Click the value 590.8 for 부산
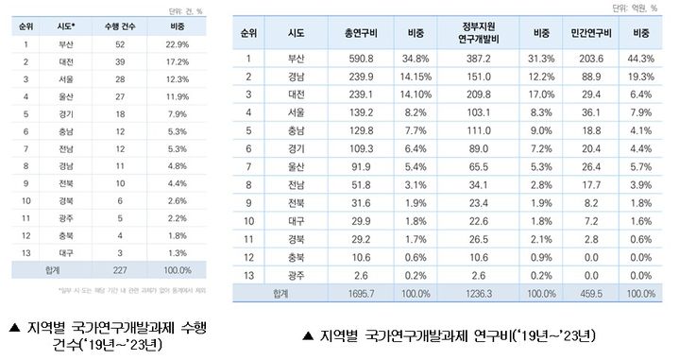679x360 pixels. (363, 59)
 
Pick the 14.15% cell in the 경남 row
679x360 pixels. (417, 75)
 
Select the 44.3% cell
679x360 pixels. (641, 59)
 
